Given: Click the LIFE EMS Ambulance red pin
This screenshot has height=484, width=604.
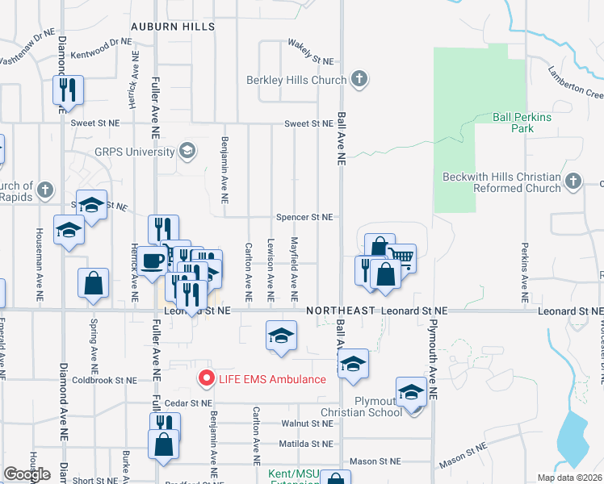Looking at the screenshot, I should pos(206,378).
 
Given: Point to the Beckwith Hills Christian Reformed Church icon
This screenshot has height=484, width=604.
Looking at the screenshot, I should pos(573,181).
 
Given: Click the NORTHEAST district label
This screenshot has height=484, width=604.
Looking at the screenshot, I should pos(340,311).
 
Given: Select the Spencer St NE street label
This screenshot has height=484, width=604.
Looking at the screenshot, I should pos(305,217).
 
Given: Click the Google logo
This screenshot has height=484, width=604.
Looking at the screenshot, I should pos(27,474).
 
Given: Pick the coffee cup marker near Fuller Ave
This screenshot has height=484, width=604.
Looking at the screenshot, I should pos(153,261).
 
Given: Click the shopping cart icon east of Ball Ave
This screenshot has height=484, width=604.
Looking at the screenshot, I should pos(402,257).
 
